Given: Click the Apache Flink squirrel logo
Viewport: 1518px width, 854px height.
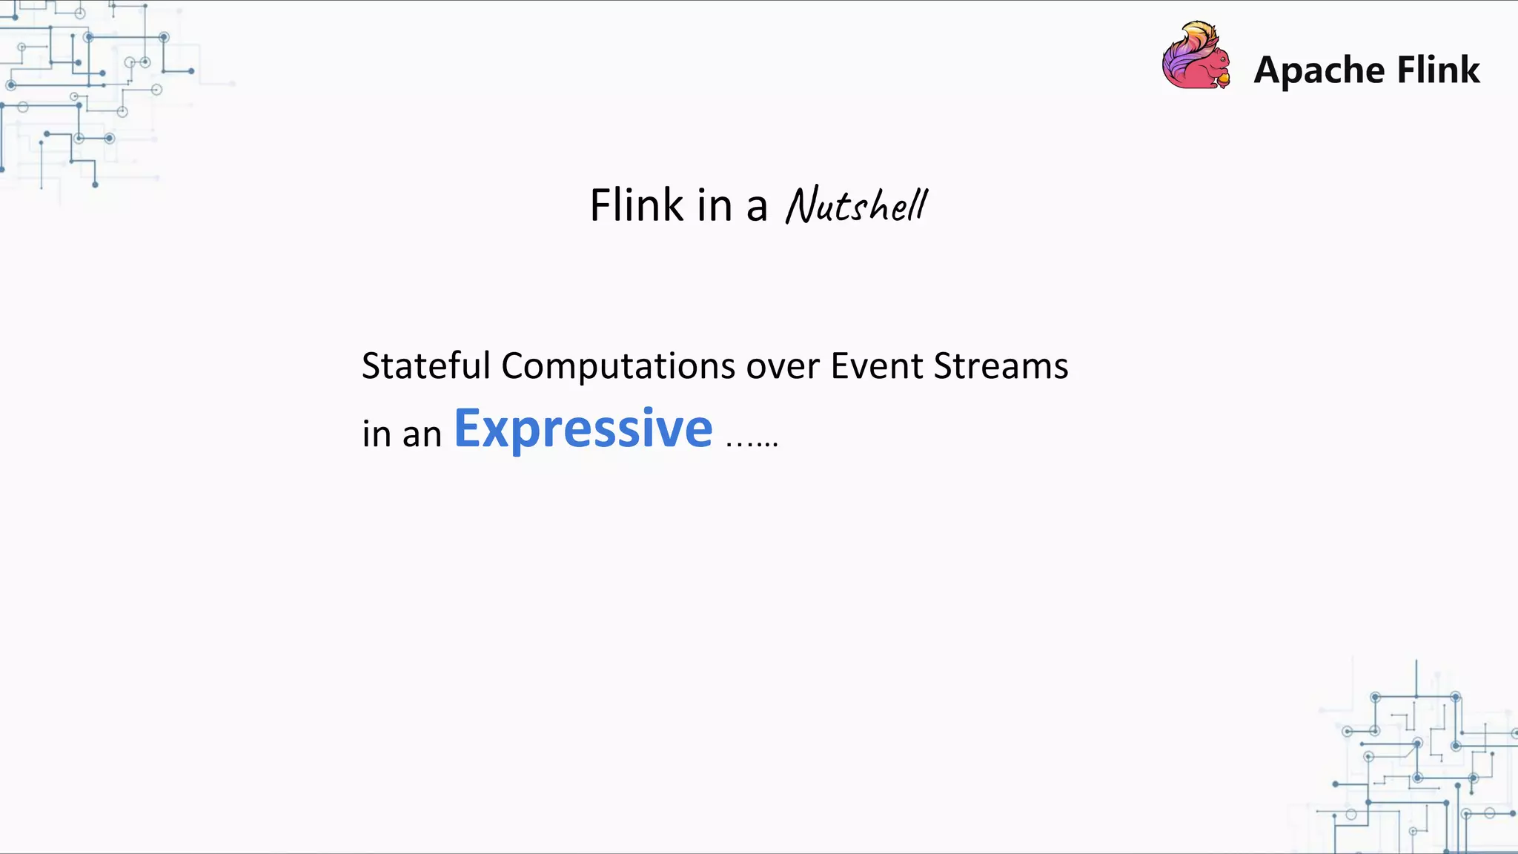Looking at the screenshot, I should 1195,56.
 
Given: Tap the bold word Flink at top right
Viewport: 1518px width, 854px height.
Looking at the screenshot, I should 1438,70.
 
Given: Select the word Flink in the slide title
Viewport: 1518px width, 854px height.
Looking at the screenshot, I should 636,205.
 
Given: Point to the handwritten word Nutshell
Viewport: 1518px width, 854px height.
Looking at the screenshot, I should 856,205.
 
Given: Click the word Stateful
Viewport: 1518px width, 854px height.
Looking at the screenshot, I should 425,366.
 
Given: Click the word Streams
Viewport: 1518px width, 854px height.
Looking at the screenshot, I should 1001,366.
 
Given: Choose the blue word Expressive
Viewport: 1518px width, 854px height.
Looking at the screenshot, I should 583,429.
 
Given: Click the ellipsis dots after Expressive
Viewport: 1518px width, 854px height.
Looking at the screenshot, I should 752,443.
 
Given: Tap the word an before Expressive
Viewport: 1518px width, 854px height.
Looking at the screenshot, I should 422,434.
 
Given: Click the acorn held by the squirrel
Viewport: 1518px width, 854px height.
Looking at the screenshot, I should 1223,78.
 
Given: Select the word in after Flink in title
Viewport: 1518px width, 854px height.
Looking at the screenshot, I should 714,205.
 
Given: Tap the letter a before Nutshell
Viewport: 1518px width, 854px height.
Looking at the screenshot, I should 756,208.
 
